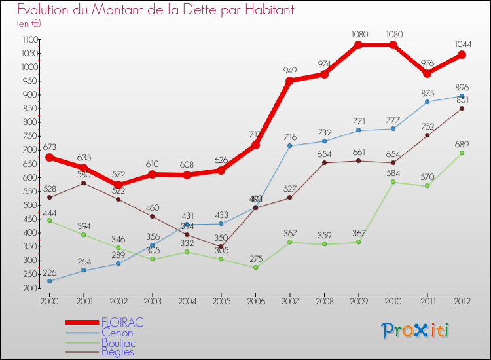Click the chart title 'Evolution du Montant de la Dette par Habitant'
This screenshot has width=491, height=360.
coord(156,10)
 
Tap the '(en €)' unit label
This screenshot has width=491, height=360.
coord(29,24)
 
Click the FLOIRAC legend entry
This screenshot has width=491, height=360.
coord(122,323)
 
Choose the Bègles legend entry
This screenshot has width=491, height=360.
coord(117,352)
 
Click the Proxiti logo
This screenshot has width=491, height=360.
coord(415,331)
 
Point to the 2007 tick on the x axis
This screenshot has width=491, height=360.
coord(290,300)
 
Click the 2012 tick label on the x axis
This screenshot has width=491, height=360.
coord(462,300)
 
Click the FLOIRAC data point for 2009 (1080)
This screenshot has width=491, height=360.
coord(359,45)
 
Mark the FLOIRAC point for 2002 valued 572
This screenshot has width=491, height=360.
coord(118,185)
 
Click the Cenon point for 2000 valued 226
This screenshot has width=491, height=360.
coord(49,281)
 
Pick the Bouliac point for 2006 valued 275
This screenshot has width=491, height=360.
coord(255,267)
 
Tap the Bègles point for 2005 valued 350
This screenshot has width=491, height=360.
coord(221,247)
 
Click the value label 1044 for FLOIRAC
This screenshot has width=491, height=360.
coord(461,45)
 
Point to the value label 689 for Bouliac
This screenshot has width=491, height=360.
coord(461,143)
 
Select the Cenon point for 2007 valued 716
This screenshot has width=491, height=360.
coord(290,145)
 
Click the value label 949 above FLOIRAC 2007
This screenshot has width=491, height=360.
coord(290,71)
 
